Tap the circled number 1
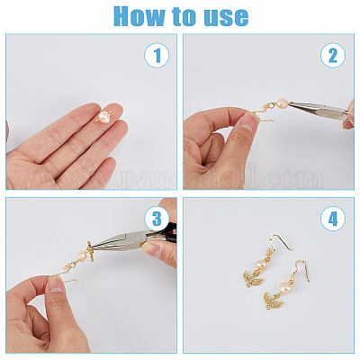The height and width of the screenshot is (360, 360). (157, 55)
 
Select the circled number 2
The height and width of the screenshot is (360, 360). (333, 55)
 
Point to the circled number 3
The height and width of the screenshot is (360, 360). (157, 219)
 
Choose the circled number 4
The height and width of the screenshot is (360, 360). (333, 219)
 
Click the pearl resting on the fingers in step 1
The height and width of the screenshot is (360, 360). (104, 116)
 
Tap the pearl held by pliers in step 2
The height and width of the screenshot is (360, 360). (283, 103)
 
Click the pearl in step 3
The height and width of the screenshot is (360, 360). (82, 256)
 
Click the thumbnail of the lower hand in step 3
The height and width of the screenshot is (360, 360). (56, 284)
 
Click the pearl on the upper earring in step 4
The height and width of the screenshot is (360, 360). (262, 265)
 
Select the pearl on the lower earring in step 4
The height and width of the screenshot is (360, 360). (285, 286)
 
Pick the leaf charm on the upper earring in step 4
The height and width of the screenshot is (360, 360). (253, 278)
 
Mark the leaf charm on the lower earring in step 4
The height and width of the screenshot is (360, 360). (273, 301)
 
